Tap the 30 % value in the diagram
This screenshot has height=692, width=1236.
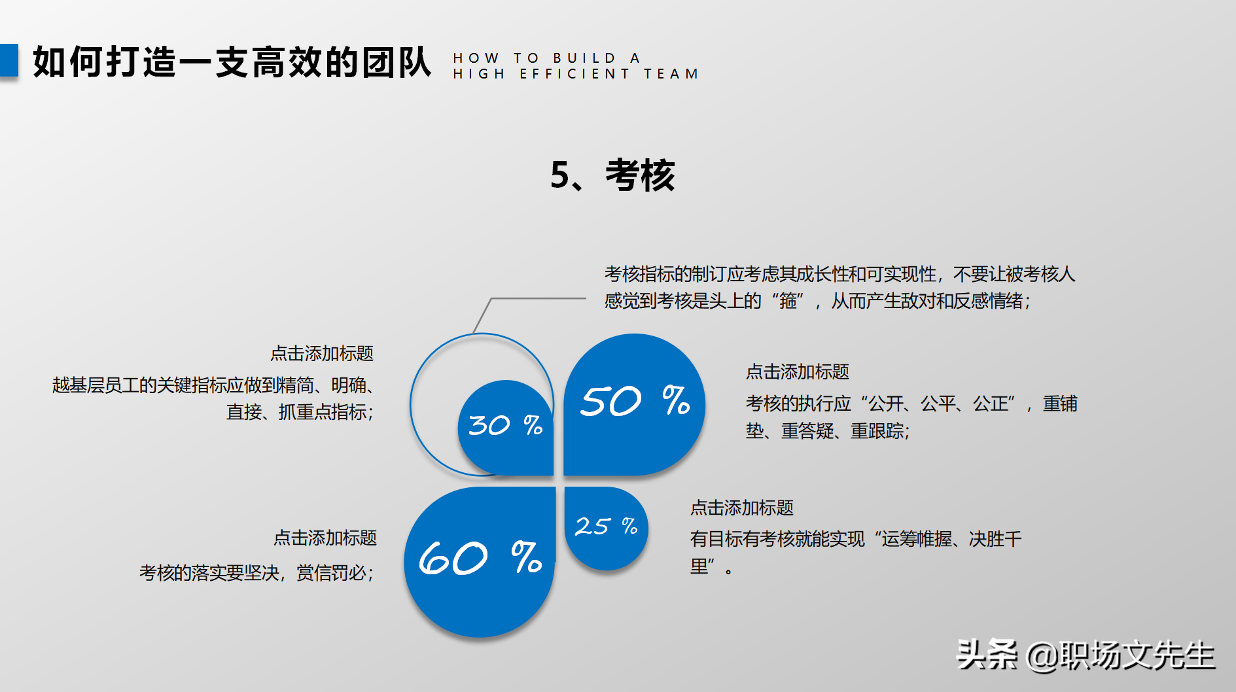[x=506, y=426]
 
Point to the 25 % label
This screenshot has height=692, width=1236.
[x=606, y=526]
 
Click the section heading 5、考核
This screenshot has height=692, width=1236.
[x=612, y=175]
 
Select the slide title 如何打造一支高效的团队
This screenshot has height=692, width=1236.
[x=232, y=63]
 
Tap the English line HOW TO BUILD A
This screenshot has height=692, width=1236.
[x=547, y=58]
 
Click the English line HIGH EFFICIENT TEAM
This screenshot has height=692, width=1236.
[x=576, y=74]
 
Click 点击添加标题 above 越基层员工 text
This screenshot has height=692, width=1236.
[x=322, y=354]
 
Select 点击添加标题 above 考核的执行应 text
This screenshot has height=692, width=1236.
[x=797, y=372]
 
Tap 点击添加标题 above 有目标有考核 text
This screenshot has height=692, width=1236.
[x=741, y=508]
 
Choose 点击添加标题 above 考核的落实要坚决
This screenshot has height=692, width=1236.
[x=325, y=538]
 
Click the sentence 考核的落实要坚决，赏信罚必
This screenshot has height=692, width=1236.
[x=256, y=574]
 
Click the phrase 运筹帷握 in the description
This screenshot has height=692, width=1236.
[x=916, y=540]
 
